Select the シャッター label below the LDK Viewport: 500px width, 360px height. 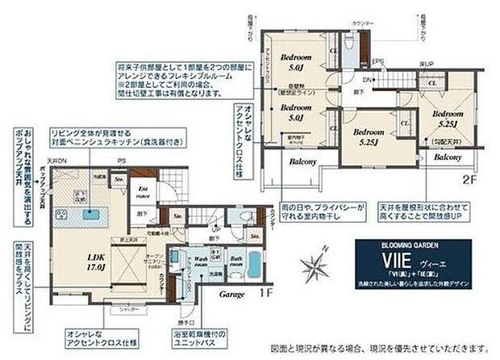[x=127, y=310]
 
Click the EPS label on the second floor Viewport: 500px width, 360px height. [x=376, y=61]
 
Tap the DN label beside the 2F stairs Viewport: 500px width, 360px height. [x=367, y=81]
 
